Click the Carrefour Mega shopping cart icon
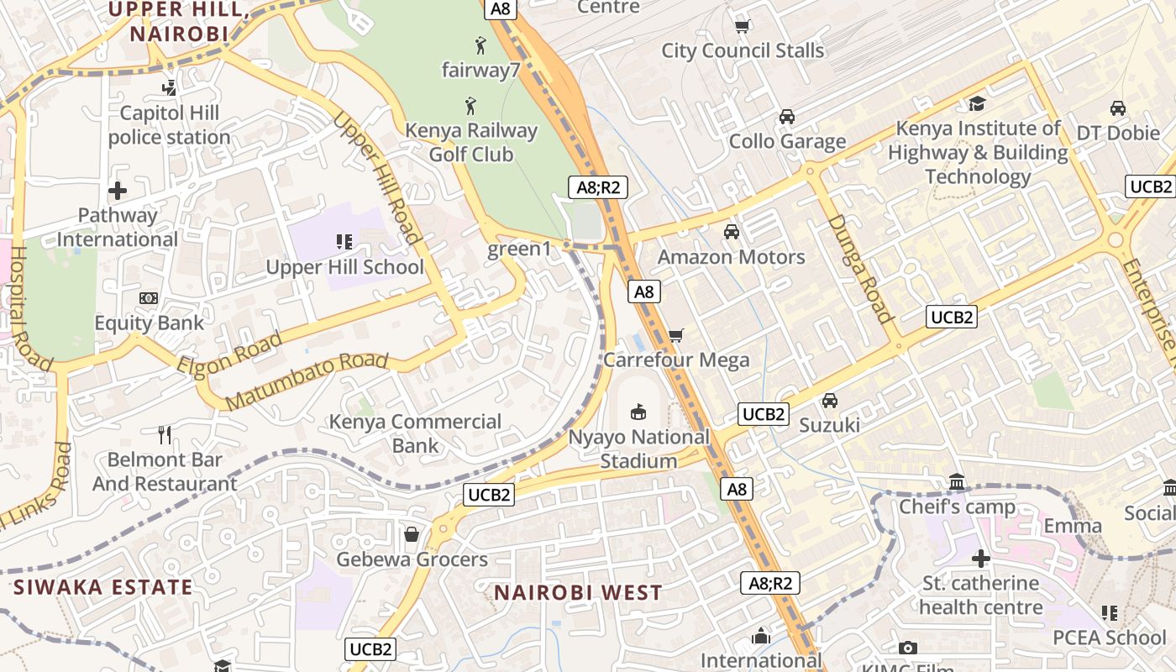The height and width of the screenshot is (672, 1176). pyautogui.click(x=676, y=335)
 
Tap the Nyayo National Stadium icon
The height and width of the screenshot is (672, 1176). pyautogui.click(x=638, y=412)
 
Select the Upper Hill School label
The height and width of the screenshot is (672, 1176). pyautogui.click(x=344, y=267)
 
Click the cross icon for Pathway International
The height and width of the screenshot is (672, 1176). pyautogui.click(x=118, y=191)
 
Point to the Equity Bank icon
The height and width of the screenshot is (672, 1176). pyautogui.click(x=149, y=298)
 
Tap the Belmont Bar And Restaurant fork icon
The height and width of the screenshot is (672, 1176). pyautogui.click(x=165, y=434)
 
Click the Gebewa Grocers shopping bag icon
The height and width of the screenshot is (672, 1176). pyautogui.click(x=412, y=534)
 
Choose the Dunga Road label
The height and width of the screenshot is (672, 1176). pyautogui.click(x=859, y=268)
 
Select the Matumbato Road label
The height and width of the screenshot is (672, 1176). pyautogui.click(x=307, y=381)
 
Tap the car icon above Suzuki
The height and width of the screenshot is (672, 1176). pyautogui.click(x=830, y=400)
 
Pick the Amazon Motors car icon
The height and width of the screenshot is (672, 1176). pyautogui.click(x=732, y=231)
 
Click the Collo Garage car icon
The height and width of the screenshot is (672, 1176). pyautogui.click(x=787, y=116)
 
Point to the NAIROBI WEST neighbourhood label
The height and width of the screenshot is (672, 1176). pyautogui.click(x=578, y=592)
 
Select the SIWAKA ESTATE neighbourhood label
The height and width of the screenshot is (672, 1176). pyautogui.click(x=103, y=586)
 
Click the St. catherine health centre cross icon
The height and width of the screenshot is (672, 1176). pyautogui.click(x=980, y=558)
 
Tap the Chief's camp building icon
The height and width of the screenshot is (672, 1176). pyautogui.click(x=957, y=482)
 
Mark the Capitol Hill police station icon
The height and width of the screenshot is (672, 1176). pyautogui.click(x=170, y=87)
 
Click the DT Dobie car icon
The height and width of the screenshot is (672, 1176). pyautogui.click(x=1118, y=108)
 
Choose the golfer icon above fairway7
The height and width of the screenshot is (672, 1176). pyautogui.click(x=480, y=45)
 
